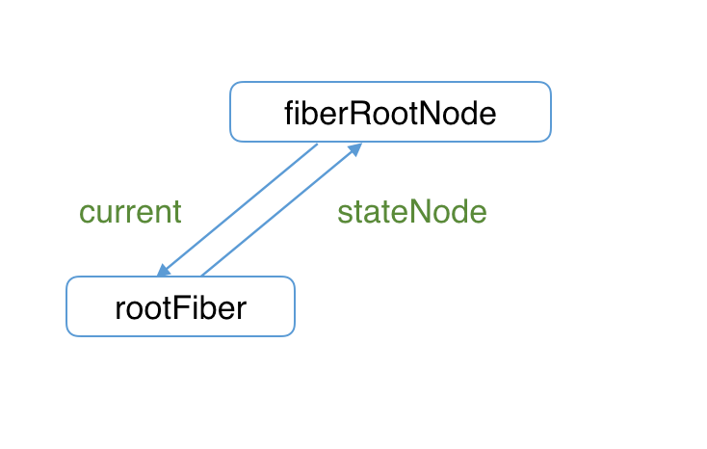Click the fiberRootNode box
point(390,112)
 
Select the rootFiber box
point(180,306)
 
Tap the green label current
point(130,212)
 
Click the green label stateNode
point(411,212)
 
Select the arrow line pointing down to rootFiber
point(238,210)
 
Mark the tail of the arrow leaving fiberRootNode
point(317,145)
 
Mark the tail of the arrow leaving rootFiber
point(201,276)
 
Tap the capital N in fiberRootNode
point(431,114)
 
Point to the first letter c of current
point(86,214)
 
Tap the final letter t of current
point(176,212)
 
